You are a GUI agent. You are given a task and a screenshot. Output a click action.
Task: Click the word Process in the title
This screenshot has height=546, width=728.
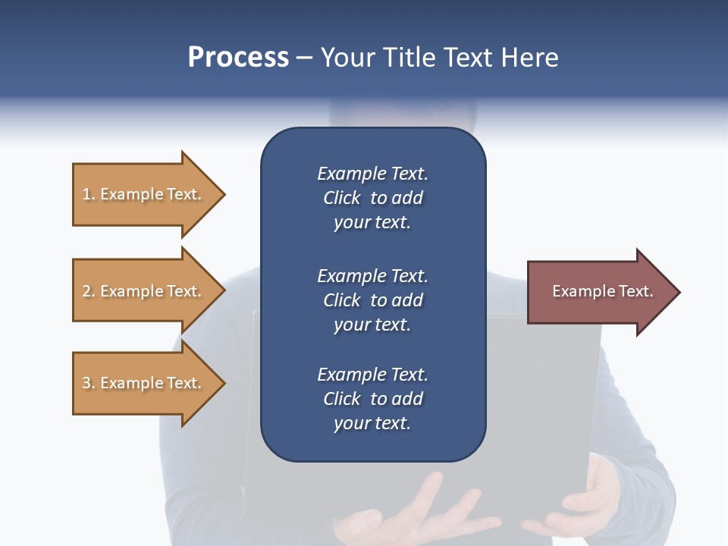click(x=238, y=58)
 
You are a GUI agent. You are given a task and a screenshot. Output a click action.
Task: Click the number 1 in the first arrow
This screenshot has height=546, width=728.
click(x=86, y=194)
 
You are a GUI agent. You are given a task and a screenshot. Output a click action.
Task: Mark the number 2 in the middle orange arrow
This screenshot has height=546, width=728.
click(x=86, y=291)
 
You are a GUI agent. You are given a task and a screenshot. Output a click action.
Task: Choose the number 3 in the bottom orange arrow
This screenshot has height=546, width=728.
click(x=86, y=383)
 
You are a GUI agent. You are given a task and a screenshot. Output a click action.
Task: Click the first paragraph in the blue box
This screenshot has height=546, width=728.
click(x=372, y=198)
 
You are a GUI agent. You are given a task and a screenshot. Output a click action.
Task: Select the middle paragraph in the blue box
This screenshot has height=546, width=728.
click(x=372, y=300)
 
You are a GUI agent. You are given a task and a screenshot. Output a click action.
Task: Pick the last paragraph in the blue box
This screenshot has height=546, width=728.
click(x=372, y=399)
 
